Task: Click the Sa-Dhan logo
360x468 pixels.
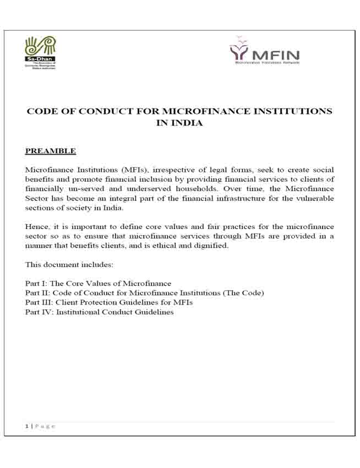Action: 41,52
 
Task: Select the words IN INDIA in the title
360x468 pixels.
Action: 179,123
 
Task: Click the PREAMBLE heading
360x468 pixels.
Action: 50,151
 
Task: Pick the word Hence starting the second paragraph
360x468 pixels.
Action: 36,226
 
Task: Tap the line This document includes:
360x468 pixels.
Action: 69,265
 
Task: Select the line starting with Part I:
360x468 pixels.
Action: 98,284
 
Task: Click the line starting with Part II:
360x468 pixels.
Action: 144,293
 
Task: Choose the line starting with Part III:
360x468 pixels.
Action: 109,302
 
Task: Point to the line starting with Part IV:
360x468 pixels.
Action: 99,312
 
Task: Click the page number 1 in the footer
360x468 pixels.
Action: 26,426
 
